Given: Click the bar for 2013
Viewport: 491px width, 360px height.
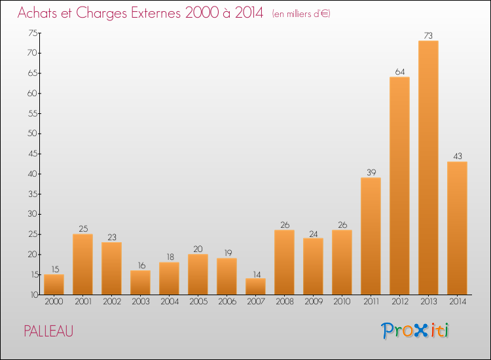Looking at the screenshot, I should [428, 168].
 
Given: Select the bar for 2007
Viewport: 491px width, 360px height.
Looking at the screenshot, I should [255, 287].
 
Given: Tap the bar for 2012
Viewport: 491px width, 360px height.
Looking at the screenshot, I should [399, 186].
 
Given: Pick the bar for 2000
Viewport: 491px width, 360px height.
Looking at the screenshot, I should [54, 285].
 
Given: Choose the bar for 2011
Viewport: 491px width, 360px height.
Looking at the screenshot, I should [371, 236].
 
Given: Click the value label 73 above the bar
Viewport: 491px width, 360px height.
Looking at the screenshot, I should [428, 35].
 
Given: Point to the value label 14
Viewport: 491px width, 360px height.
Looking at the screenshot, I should [255, 273].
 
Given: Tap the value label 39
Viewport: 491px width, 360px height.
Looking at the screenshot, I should [371, 172].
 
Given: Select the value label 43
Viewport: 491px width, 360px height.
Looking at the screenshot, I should [457, 156].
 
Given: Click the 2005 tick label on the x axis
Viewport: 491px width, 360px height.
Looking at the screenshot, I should [198, 301].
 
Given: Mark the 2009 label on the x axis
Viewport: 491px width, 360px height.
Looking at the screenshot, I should [313, 301].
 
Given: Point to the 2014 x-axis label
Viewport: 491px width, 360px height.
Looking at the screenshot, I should [457, 301].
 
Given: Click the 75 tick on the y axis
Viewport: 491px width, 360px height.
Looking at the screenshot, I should [33, 33].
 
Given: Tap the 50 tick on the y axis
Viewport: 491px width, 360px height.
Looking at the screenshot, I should [33, 134].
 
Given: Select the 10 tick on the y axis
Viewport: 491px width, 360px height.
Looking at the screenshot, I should [33, 295].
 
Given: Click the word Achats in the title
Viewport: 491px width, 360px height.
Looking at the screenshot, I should [40, 13].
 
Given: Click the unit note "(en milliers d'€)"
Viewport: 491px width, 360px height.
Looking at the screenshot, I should [301, 14].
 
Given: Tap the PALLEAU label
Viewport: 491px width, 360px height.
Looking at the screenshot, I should [48, 331].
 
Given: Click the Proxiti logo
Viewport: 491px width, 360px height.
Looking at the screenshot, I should [415, 331].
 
